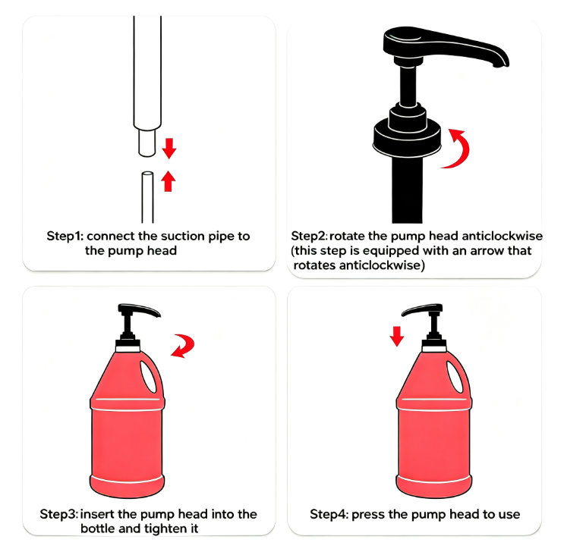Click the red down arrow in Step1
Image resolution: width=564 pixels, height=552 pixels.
point(169,148)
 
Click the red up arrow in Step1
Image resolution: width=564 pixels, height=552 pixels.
point(168,181)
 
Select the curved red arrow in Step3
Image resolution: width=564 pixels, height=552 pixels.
point(184,345)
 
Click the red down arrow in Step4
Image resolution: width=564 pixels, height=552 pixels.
point(397,337)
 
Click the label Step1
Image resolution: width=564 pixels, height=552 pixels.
point(65,236)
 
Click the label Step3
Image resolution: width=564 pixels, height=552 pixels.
point(58,514)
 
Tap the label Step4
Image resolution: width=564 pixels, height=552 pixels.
point(329,514)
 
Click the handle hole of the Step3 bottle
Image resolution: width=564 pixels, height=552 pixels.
point(149,377)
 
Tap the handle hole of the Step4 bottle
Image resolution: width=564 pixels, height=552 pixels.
point(455,377)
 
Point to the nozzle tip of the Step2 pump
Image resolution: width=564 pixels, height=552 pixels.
point(500,65)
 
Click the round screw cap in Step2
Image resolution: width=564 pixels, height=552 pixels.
point(407,138)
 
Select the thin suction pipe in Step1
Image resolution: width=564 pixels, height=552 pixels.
point(147,197)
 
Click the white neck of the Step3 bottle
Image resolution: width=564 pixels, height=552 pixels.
point(128,349)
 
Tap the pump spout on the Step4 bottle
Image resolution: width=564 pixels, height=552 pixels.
point(421,311)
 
